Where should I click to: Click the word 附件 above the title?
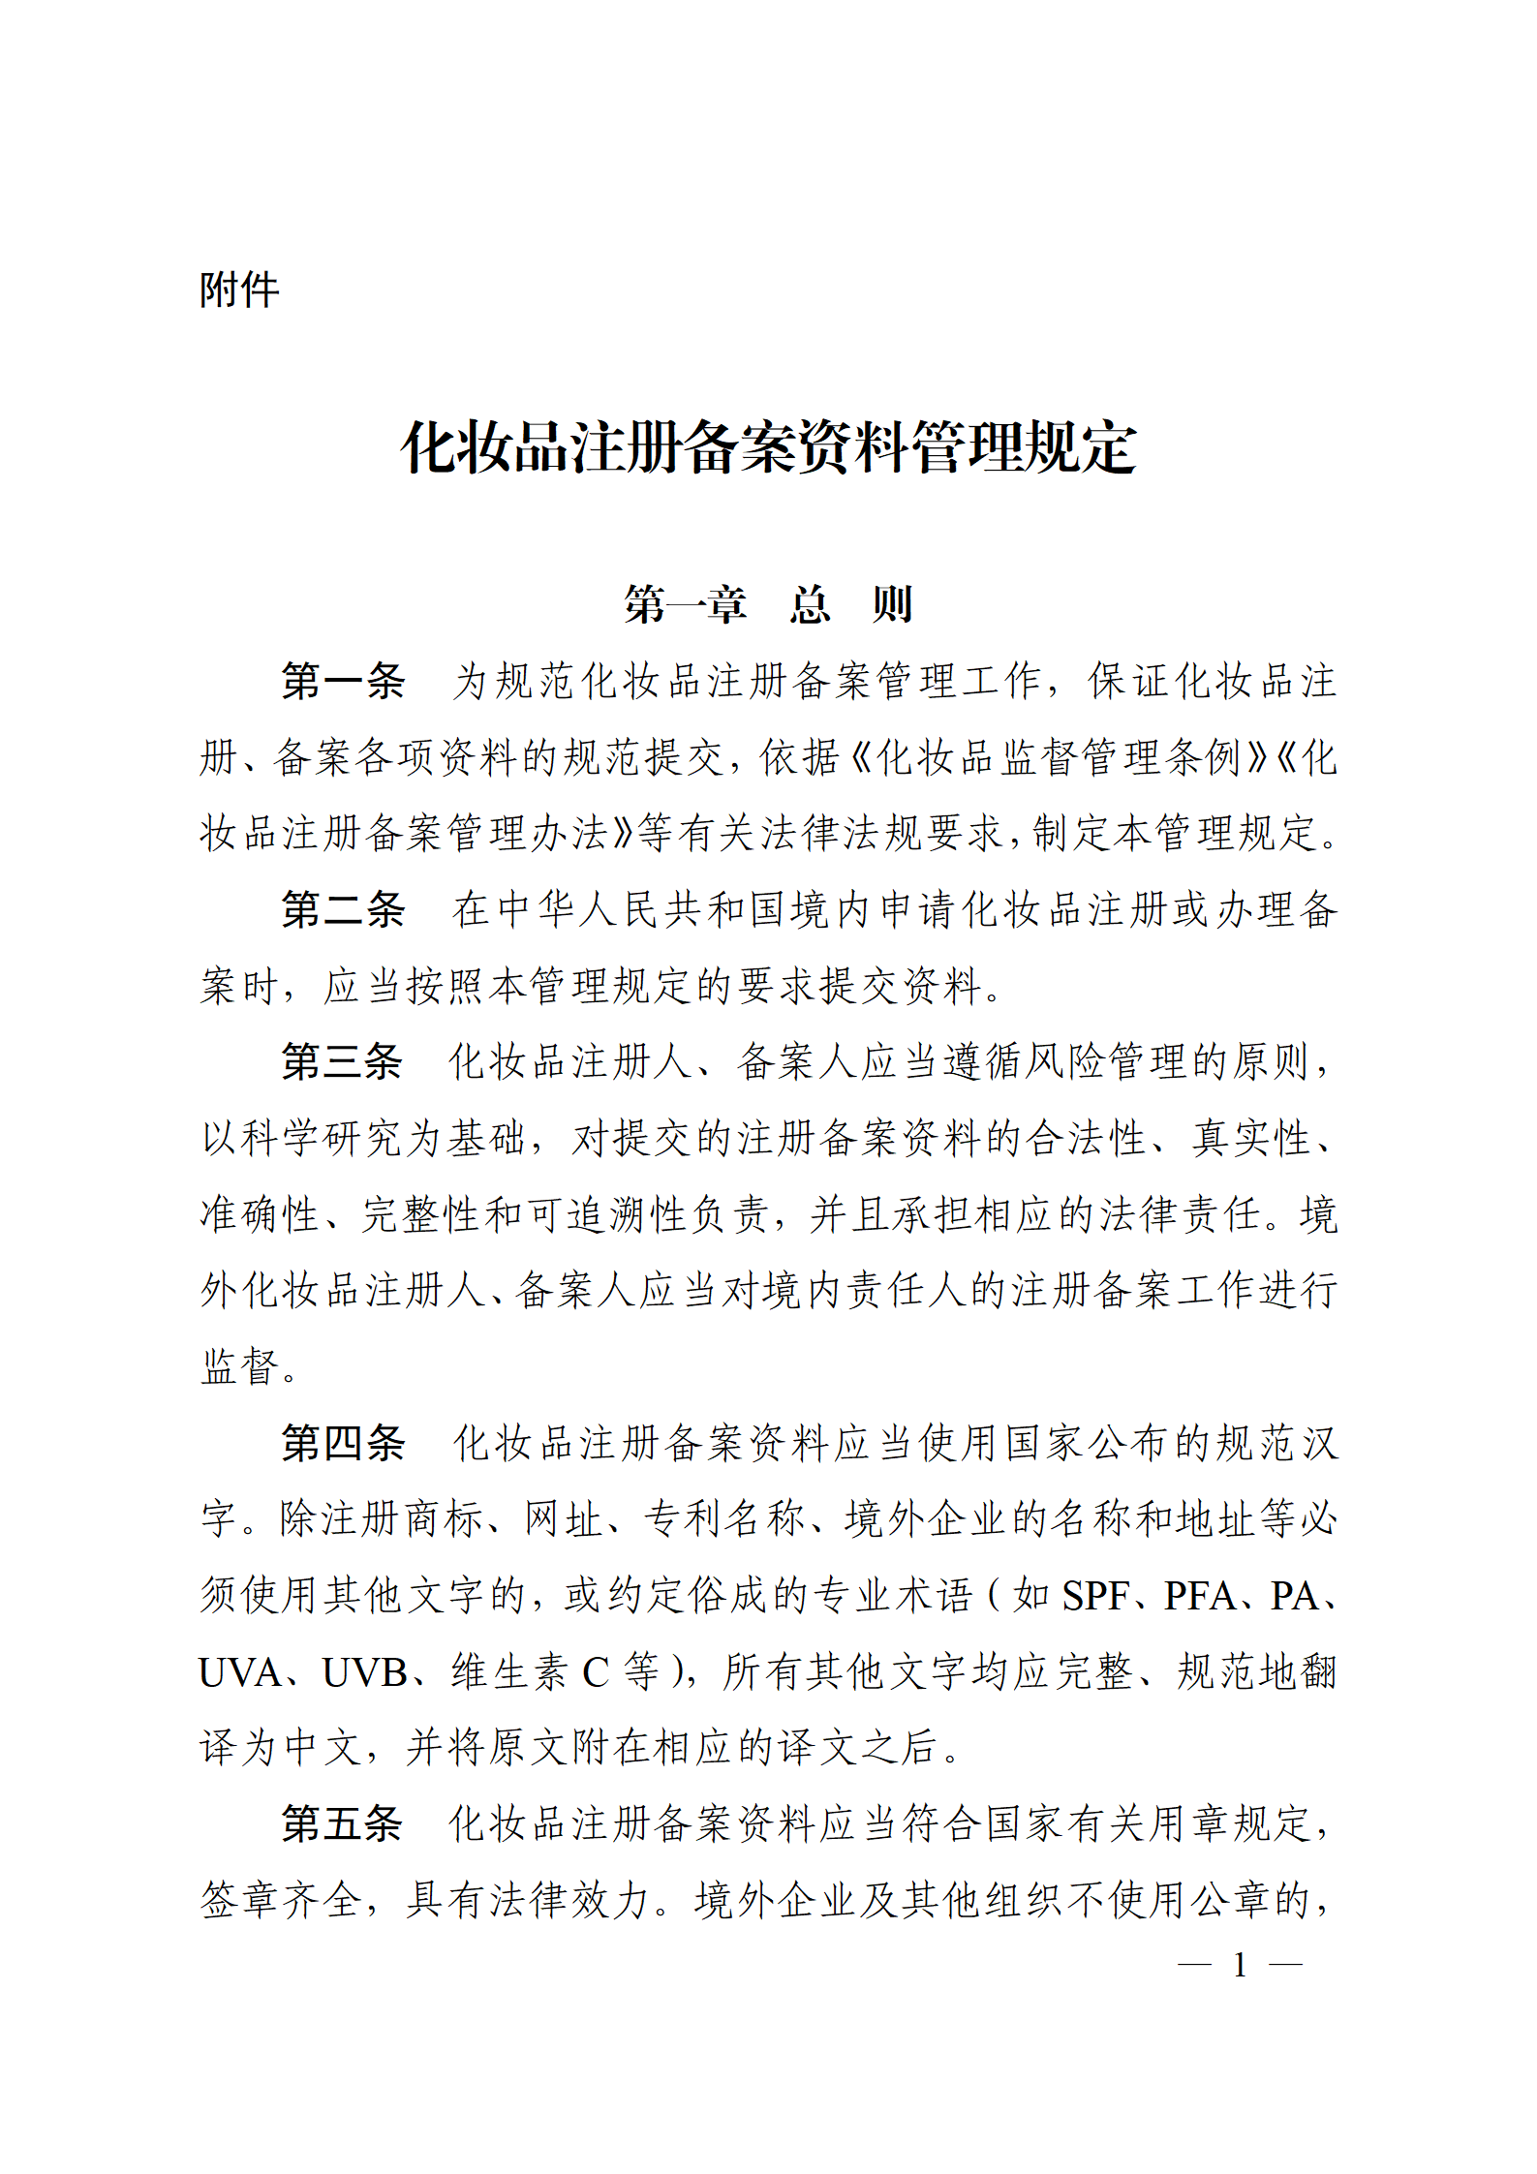pos(239,290)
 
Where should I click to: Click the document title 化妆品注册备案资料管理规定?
pos(769,448)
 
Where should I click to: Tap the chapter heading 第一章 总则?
pos(769,604)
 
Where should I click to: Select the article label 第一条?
pos(343,681)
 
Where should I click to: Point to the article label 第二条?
pos(343,909)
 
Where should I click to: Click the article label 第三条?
pos(343,1061)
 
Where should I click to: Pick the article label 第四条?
pos(343,1443)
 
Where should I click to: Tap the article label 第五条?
pos(343,1823)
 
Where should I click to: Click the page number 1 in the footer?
pos(1240,1965)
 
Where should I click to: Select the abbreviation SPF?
pos(1095,1596)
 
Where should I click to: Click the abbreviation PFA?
pos(1200,1596)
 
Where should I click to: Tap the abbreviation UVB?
pos(365,1672)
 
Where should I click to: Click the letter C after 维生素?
pos(595,1672)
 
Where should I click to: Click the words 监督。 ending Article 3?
pos(249,1366)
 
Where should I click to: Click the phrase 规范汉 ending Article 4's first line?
pos(1277,1443)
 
